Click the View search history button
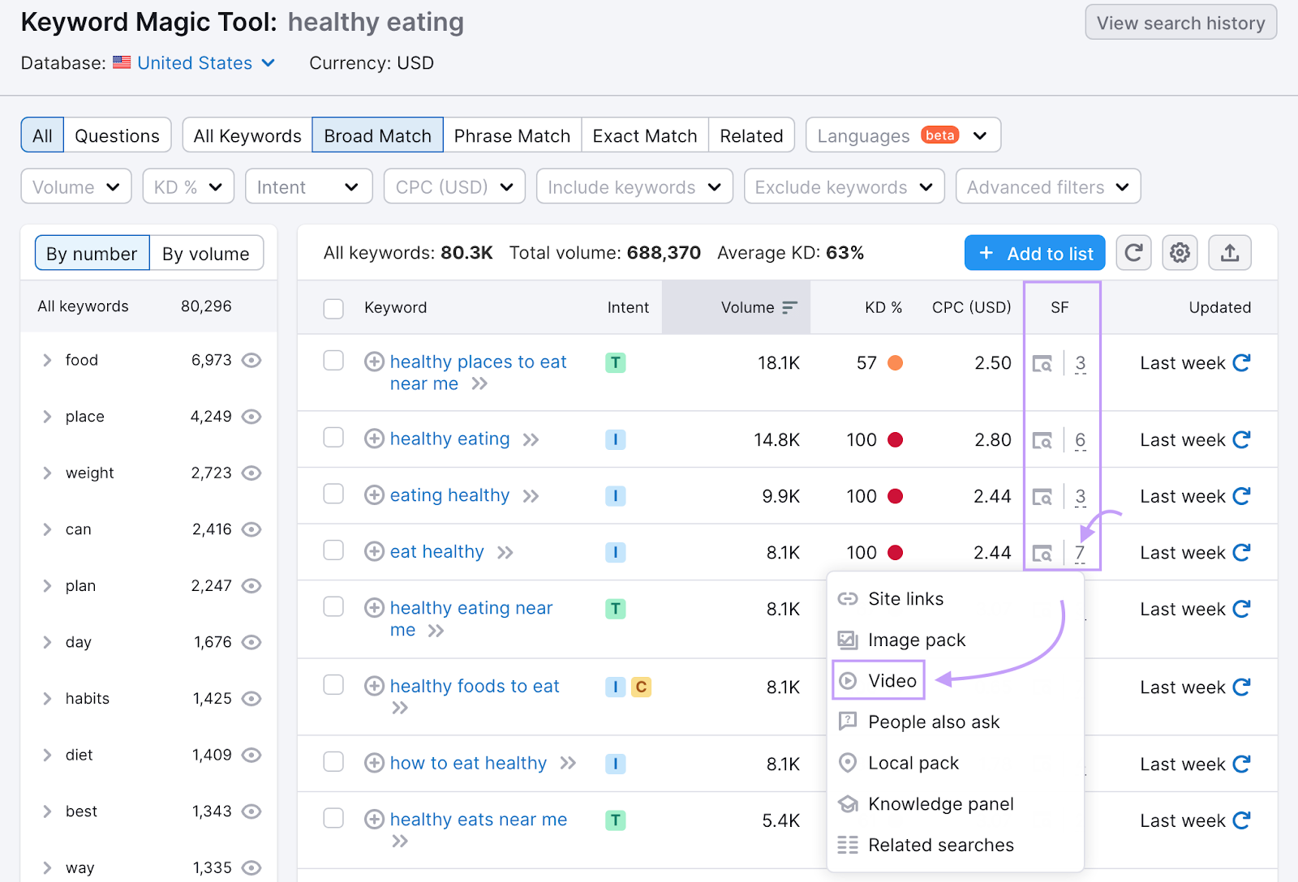[1180, 23]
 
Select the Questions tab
[117, 135]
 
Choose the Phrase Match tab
[512, 135]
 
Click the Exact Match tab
[645, 135]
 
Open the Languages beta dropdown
[902, 135]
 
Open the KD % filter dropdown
[188, 187]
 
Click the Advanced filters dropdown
[1047, 187]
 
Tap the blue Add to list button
[1035, 254]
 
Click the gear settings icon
[1180, 254]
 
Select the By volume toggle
[206, 254]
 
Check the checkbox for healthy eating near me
[333, 607]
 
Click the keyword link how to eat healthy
[468, 763]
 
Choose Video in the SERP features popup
[892, 681]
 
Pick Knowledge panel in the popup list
[940, 804]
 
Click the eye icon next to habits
[251, 699]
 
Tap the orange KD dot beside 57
[895, 363]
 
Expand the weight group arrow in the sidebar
[47, 473]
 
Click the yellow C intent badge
[641, 687]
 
